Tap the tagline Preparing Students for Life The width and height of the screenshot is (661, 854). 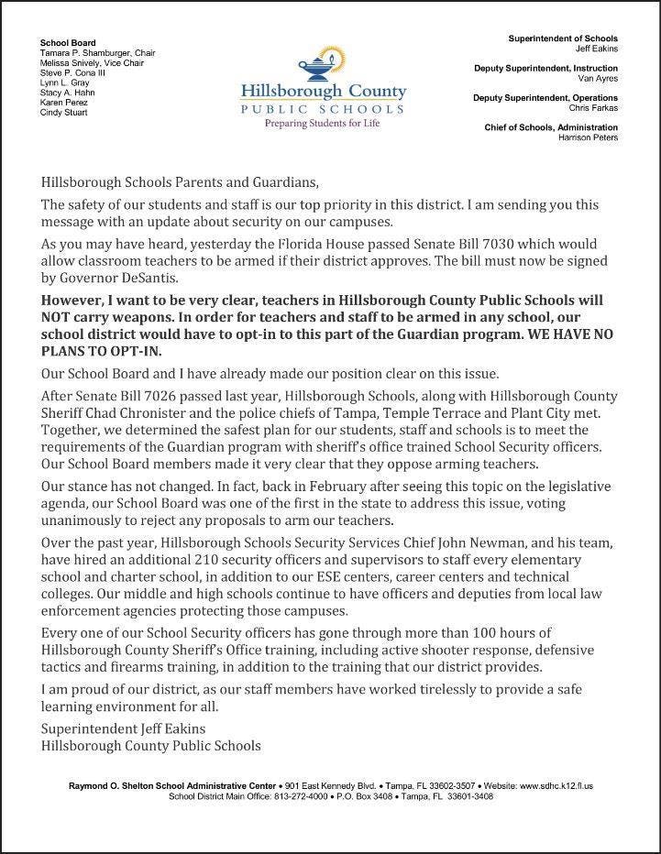[x=322, y=123]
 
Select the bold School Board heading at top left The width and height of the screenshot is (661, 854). [x=68, y=43]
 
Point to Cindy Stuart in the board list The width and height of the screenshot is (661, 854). [x=64, y=114]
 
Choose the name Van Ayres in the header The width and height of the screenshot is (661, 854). [x=597, y=78]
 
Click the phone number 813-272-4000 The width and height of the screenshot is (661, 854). [x=303, y=796]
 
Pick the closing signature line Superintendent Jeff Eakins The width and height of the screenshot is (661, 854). [x=124, y=728]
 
